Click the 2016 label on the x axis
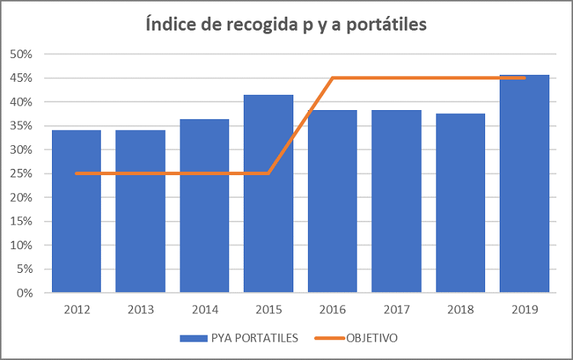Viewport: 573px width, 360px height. pos(332,310)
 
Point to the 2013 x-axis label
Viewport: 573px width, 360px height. pos(141,310)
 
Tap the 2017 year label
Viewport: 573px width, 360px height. pos(397,310)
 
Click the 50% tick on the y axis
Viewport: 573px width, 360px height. pos(21,54)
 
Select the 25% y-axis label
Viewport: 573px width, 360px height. pos(21,174)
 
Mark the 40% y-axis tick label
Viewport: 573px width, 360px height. pos(21,102)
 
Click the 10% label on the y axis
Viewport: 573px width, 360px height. pos(21,245)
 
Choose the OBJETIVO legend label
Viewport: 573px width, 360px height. pos(372,337)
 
